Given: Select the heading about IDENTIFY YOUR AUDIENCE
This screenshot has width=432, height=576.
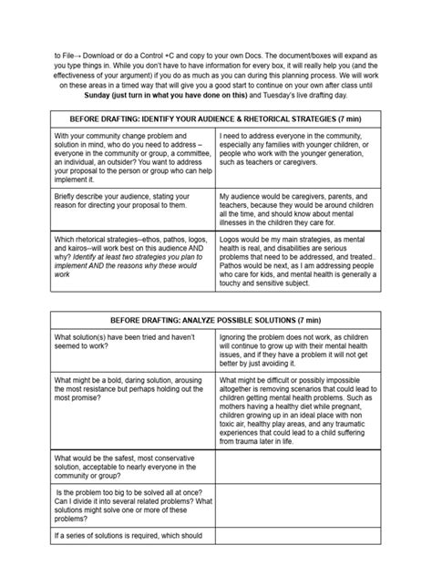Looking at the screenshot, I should [x=215, y=119].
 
